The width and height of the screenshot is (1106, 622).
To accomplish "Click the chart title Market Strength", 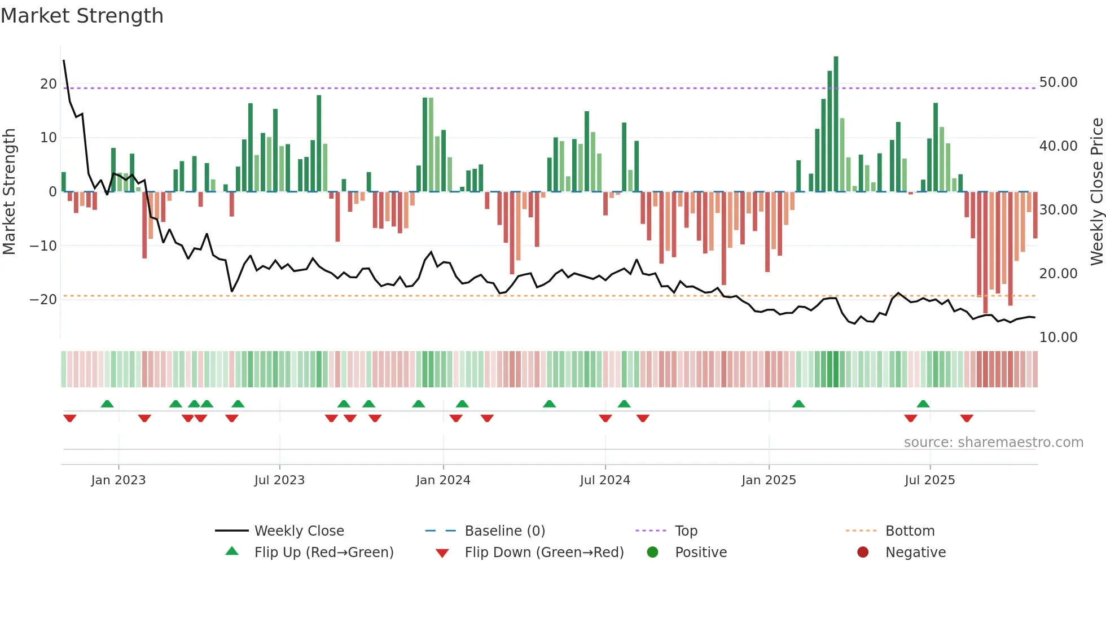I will point(82,16).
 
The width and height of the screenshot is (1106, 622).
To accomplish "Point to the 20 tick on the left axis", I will point(49,84).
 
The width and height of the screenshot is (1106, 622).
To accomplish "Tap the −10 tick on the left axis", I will point(44,246).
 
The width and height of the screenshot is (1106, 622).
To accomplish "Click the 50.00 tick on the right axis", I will point(1058,82).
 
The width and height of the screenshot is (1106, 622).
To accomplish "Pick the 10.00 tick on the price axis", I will point(1058,338).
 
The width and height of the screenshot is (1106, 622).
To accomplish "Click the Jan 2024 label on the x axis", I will point(443,480).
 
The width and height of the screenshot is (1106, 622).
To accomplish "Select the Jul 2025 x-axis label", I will point(929,480).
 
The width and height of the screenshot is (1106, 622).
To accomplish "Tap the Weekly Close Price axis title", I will point(1096,192).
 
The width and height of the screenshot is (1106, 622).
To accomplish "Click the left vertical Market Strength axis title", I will point(9,192).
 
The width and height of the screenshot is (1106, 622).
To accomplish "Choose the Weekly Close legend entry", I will point(299,531).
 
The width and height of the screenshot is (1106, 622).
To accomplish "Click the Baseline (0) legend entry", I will point(504,531).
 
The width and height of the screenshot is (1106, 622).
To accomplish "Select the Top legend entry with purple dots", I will point(686,531).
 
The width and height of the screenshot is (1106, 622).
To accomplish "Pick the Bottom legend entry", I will point(910,531).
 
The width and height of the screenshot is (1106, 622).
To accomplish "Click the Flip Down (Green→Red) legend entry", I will point(544,553).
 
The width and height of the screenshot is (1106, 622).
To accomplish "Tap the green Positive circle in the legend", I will point(653,553).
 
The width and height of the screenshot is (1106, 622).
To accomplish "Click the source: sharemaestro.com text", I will point(993,443).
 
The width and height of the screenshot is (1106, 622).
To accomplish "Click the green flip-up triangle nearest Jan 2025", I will point(798,404).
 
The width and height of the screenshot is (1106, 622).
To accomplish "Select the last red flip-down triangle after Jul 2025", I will point(967,418).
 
